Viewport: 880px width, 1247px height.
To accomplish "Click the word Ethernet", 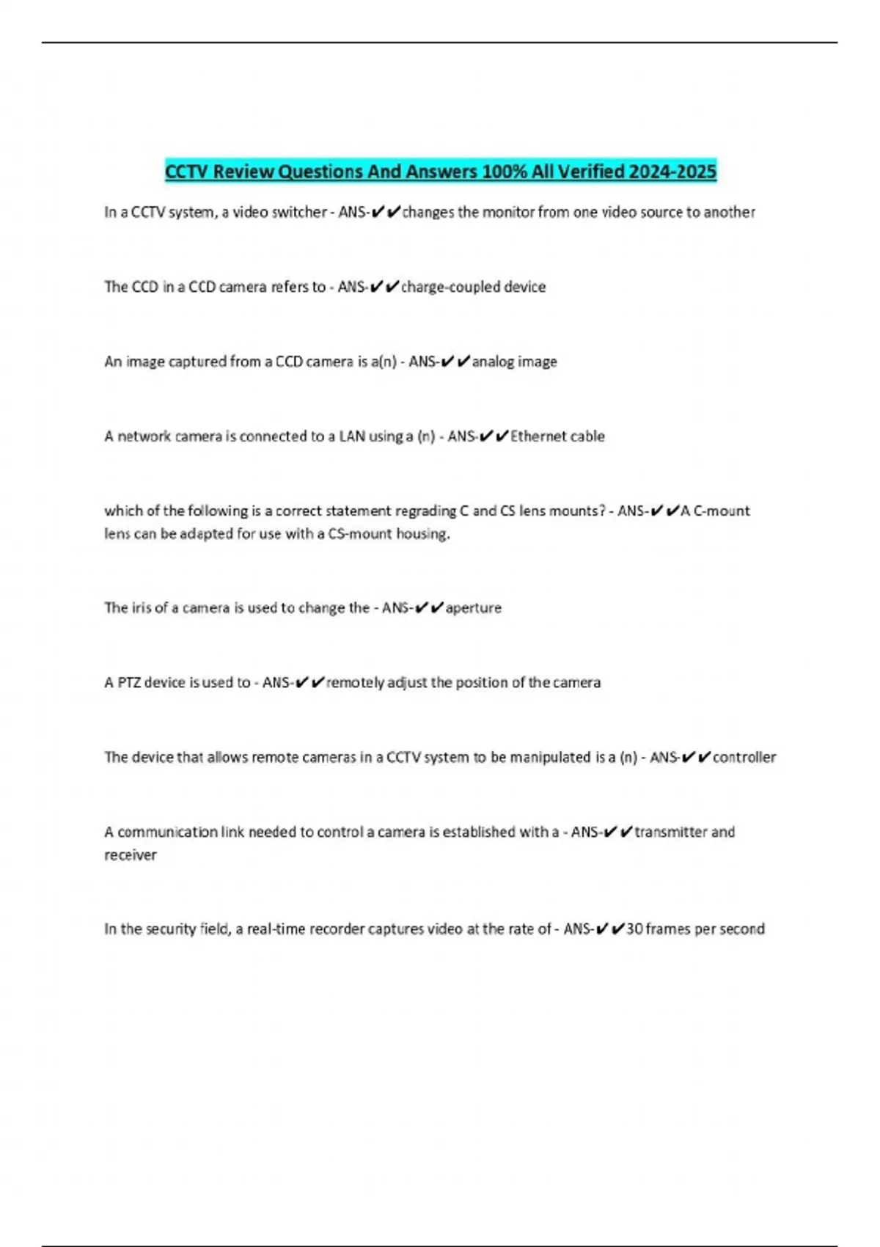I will (538, 436).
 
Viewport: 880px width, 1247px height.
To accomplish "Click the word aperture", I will (474, 608).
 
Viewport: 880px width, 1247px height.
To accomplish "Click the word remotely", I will (355, 683).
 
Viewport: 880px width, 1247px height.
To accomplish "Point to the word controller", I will (744, 757).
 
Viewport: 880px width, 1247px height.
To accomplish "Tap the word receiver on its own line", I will (131, 855).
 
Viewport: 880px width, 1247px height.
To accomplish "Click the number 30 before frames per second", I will (634, 929).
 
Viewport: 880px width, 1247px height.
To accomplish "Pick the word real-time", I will (276, 929).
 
